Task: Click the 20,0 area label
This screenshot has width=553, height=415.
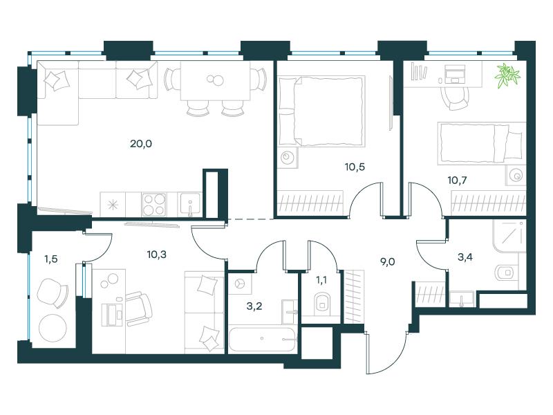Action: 141,144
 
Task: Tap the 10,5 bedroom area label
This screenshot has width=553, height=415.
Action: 355,167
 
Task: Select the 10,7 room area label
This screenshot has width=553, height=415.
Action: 457,181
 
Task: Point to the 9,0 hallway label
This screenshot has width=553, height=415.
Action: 387,262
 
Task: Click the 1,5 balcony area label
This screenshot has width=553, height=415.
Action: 50,259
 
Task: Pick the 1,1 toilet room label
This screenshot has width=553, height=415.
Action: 321,280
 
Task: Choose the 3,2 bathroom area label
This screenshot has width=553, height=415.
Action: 254,306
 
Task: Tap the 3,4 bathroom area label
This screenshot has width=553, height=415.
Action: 465,257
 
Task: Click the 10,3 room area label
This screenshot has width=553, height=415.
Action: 157,254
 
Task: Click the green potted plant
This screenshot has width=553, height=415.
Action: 507,75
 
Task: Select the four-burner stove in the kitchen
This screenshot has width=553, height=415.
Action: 154,204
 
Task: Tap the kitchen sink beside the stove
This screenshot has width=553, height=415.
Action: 190,203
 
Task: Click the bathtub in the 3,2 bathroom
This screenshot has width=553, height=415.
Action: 263,339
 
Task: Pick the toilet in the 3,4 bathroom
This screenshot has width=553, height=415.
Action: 505,273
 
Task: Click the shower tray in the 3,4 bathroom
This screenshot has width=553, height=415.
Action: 509,236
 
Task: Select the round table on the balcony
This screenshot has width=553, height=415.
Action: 53,328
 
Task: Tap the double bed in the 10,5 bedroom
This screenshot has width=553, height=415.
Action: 321,111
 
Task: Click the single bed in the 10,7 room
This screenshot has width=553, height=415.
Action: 481,143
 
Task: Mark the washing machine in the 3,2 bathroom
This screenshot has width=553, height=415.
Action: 240,284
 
